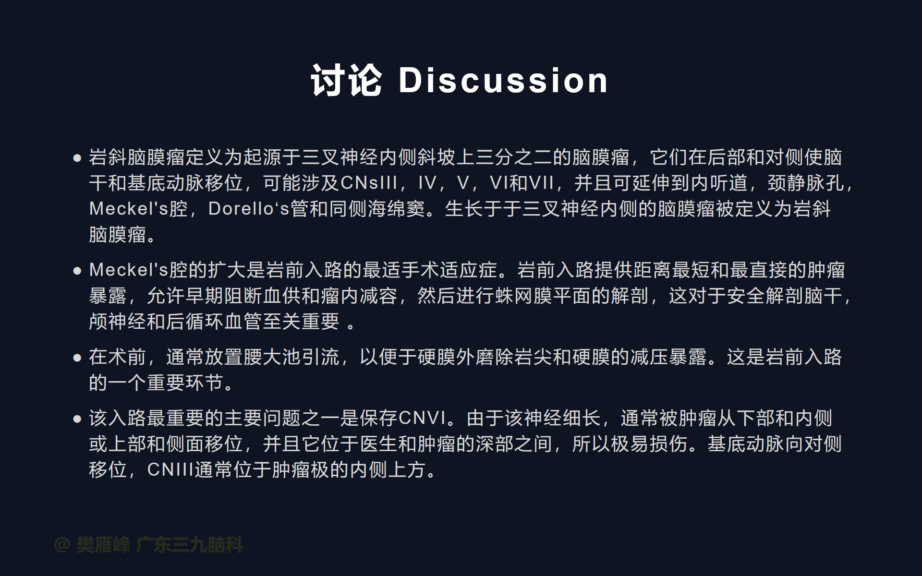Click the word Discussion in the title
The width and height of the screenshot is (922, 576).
503,80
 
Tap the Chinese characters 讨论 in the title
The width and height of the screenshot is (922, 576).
346,80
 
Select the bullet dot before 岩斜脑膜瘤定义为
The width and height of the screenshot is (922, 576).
77,158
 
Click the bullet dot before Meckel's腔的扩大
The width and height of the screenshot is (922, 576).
77,271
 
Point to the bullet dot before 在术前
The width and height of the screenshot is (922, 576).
77,358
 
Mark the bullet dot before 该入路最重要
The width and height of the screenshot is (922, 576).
77,419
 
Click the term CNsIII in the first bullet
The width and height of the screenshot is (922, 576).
369,183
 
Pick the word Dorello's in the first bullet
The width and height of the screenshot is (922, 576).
249,209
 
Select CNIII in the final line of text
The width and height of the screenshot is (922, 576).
170,469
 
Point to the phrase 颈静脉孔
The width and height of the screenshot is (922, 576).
806,183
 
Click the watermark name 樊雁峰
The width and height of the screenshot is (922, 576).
103,545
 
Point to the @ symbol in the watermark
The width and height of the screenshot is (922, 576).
62,545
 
